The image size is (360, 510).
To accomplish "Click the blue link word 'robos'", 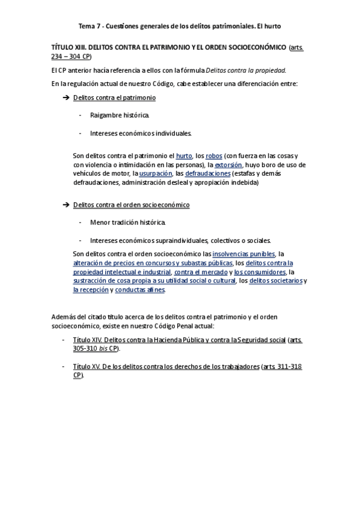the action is (x=213, y=155).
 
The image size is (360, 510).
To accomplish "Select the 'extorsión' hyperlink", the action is (x=228, y=164).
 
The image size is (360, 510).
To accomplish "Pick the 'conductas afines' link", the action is (x=139, y=289).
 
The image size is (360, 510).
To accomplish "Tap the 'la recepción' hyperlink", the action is (x=91, y=289).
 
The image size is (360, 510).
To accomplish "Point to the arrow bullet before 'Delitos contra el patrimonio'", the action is (x=66, y=97).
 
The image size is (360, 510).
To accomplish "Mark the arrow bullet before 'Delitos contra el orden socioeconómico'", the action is (x=66, y=205).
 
